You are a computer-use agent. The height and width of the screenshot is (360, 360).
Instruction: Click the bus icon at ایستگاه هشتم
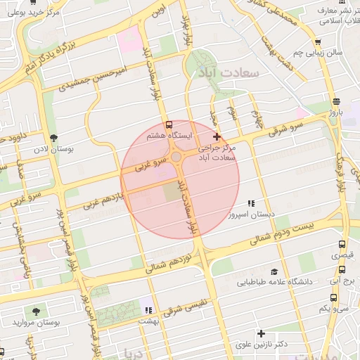click(167, 123)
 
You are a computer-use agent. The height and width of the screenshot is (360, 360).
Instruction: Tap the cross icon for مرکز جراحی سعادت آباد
click(217, 137)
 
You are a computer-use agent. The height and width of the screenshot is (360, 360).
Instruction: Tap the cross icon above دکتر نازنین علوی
click(261, 333)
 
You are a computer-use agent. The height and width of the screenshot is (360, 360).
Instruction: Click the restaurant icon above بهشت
click(147, 309)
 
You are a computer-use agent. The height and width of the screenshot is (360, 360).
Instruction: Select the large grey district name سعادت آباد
click(229, 73)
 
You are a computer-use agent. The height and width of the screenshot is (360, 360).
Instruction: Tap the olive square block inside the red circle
click(172, 191)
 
